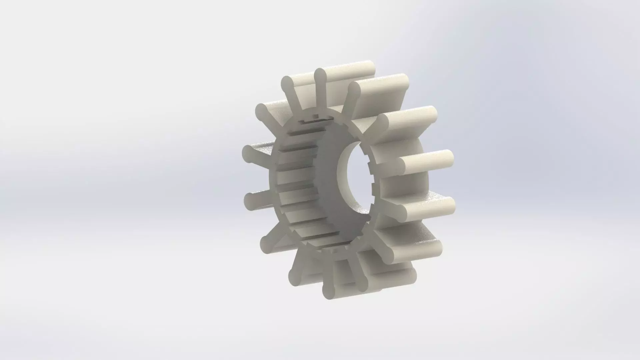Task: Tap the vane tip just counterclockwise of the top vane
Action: (287, 83)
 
